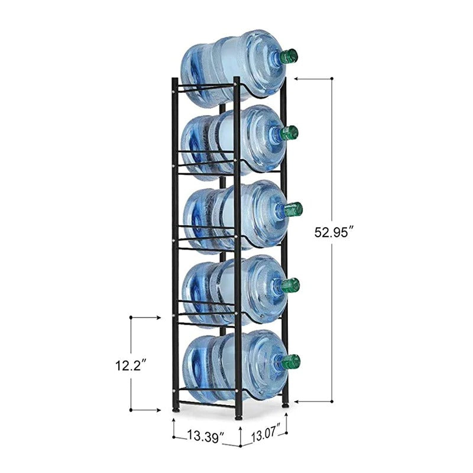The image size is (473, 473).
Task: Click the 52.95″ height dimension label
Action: (333, 232)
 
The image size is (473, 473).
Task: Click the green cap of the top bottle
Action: (289, 56)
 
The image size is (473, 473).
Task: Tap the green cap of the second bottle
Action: (290, 132)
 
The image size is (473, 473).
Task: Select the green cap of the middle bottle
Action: (293, 209)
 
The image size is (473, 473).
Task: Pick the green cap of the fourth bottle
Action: (290, 286)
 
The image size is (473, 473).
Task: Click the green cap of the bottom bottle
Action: (290, 362)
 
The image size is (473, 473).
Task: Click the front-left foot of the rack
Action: (176, 409)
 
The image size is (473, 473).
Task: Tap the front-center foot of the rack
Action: (238, 416)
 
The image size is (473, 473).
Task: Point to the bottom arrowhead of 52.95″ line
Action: (297, 401)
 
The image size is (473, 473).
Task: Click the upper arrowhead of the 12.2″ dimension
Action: (157, 318)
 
